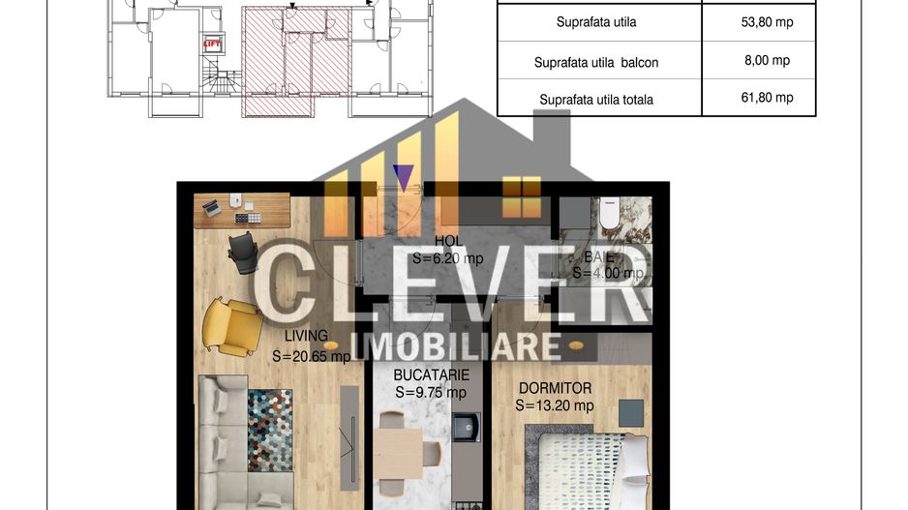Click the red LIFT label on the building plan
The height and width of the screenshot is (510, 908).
211,44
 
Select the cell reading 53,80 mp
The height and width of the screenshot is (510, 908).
760,21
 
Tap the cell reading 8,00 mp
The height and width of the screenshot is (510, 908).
760,60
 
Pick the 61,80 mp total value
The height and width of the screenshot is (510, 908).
760,98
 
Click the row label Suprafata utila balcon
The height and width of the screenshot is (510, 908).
596,62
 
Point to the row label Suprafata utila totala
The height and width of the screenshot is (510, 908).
596,99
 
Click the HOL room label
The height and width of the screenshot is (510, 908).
447,241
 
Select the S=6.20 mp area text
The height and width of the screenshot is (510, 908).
447,258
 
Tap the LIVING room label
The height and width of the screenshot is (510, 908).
306,336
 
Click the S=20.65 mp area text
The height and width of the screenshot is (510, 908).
312,355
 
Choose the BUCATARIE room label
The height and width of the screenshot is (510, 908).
431,375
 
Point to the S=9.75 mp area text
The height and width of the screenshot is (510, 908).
431,392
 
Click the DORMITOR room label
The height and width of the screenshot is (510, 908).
554,387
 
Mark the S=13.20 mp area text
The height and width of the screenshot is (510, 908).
554,405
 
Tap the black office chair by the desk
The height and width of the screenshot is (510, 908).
243,252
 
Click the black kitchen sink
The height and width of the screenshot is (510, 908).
468,426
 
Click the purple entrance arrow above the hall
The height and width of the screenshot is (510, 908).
403,177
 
